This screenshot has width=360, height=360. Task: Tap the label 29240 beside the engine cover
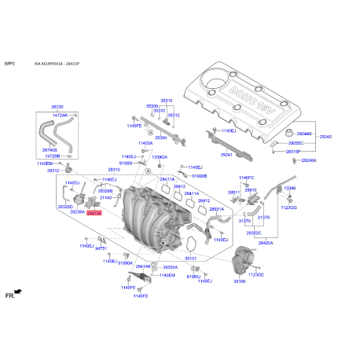pos(325,137)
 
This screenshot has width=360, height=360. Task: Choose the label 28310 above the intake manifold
pos(114,169)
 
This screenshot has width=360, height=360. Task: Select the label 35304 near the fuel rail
pos(160,138)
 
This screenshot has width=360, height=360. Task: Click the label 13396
pos(290,189)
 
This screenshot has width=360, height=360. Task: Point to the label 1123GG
pos(290,208)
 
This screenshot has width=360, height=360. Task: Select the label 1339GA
pos(159,157)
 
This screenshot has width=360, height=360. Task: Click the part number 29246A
pos(308,160)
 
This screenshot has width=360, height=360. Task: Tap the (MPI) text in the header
pos(10,62)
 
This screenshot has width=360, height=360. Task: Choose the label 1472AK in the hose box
pos(61,116)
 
